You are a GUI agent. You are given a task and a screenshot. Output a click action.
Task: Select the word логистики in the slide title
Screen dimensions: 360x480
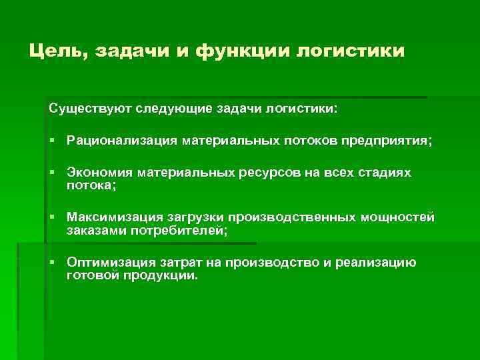350,51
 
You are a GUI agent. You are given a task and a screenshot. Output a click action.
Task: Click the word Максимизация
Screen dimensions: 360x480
111,218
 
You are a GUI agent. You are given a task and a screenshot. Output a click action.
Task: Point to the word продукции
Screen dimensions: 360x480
159,275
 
